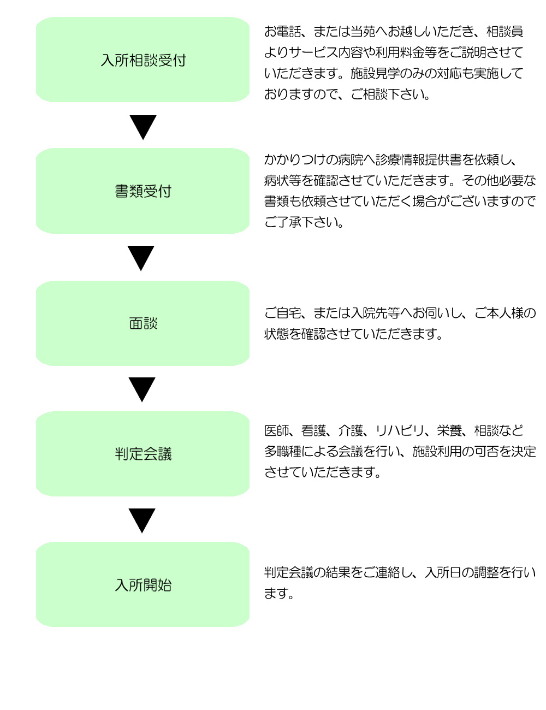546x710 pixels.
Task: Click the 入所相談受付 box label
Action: pos(143,61)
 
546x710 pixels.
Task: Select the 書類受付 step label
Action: pos(143,191)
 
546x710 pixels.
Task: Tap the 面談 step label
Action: pos(143,323)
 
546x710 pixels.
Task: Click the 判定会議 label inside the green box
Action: pos(143,454)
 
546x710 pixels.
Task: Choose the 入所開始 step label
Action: pos(143,585)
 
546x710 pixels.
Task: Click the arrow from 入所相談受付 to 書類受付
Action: pos(143,127)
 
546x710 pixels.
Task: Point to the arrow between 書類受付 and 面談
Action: pos(141,258)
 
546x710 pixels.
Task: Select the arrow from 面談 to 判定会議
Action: pos(142,389)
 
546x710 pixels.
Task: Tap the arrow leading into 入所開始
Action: pos(142,520)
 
